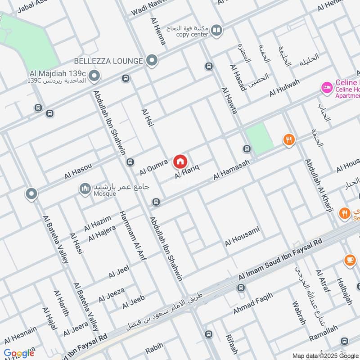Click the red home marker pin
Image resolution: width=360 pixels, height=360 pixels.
point(180,161)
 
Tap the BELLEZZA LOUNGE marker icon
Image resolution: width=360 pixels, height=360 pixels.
point(153,60)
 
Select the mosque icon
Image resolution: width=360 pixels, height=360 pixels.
point(85,189)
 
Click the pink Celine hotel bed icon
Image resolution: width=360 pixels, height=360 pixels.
point(327,87)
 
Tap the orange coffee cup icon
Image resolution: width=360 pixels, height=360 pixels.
point(349,260)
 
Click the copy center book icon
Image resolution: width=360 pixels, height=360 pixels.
point(216,31)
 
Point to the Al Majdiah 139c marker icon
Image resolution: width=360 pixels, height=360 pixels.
point(94,77)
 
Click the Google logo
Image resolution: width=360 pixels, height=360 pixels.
point(19,353)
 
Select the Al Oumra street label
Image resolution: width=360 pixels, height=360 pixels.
point(153,167)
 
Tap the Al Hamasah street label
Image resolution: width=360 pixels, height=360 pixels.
point(231,170)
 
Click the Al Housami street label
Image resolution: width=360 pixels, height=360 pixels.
point(243,237)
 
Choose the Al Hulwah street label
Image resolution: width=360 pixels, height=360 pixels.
point(284,88)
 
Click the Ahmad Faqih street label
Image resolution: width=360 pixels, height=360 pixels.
point(252,303)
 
